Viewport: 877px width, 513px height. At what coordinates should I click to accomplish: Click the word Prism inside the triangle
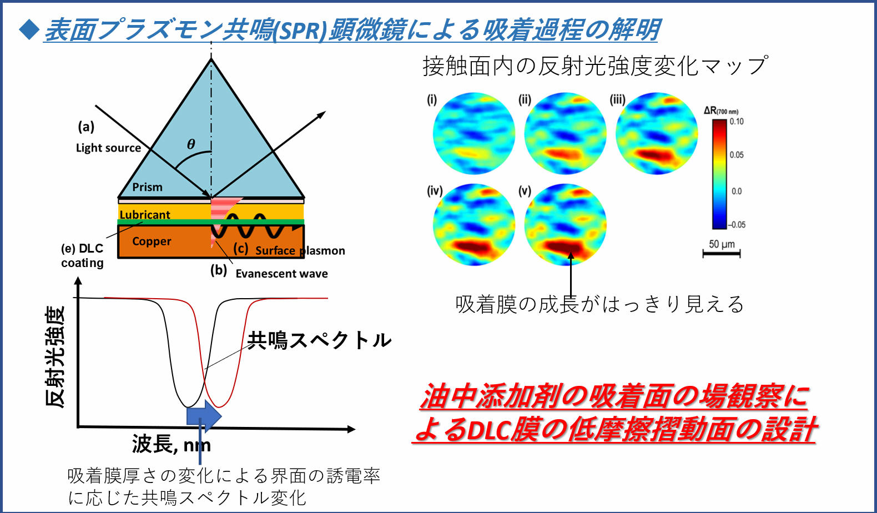coord(147,187)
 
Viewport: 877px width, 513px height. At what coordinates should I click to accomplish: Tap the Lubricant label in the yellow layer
coord(145,215)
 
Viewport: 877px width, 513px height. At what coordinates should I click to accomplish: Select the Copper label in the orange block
coord(152,241)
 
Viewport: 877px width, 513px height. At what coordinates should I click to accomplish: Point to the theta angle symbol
coord(191,144)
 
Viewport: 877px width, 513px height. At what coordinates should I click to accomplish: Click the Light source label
coord(108,148)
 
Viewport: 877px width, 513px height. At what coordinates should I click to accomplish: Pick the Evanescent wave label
coord(281,273)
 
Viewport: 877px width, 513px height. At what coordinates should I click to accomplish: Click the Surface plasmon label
coord(300,250)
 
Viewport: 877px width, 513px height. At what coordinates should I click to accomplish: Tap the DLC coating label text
coord(82,255)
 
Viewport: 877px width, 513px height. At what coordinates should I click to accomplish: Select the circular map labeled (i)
coord(473,133)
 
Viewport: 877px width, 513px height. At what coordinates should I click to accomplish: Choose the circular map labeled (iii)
coord(657,133)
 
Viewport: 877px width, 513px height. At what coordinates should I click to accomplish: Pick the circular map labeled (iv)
coord(473,225)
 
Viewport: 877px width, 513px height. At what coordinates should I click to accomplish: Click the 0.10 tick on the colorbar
coord(737,122)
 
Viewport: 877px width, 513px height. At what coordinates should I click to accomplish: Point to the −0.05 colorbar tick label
coord(736,225)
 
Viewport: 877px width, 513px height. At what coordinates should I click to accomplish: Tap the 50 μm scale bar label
coord(722,244)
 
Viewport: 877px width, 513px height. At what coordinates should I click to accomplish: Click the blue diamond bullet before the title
coord(29,29)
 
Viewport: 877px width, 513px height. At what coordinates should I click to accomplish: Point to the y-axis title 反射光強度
coord(54,356)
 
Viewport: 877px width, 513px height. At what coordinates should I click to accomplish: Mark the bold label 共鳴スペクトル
coord(319,340)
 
